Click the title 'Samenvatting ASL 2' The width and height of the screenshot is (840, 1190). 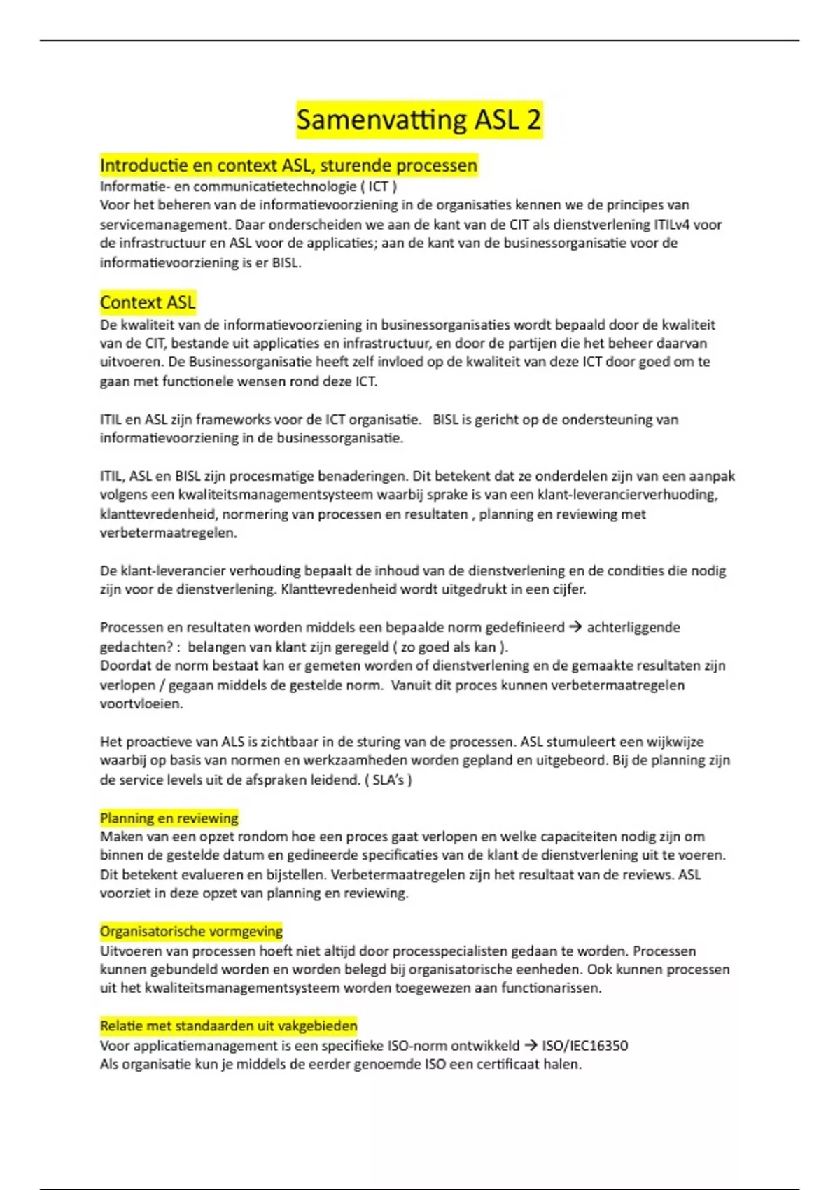[x=419, y=119]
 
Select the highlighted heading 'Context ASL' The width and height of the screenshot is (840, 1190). [x=148, y=302]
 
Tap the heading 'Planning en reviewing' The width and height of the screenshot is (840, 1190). [x=169, y=818]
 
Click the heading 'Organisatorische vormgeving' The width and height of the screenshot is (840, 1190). [x=191, y=931]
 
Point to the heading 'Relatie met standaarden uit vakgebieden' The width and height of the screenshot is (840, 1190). [x=228, y=1025]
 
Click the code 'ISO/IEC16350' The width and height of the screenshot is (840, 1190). [x=585, y=1045]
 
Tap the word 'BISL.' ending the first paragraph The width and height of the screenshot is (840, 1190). [x=286, y=262]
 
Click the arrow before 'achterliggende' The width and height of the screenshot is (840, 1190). [x=575, y=627]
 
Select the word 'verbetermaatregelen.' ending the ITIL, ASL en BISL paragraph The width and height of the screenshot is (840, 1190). [x=168, y=532]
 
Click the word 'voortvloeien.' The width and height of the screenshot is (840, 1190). [x=141, y=703]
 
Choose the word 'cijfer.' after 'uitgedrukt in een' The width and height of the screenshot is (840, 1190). [x=569, y=589]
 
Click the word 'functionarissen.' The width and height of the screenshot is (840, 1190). [x=551, y=988]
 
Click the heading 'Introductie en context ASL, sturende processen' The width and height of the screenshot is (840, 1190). [x=288, y=165]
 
